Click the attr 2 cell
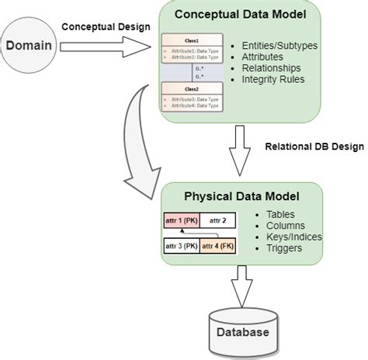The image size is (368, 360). click(220, 221)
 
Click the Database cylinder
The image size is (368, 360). click(242, 332)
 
